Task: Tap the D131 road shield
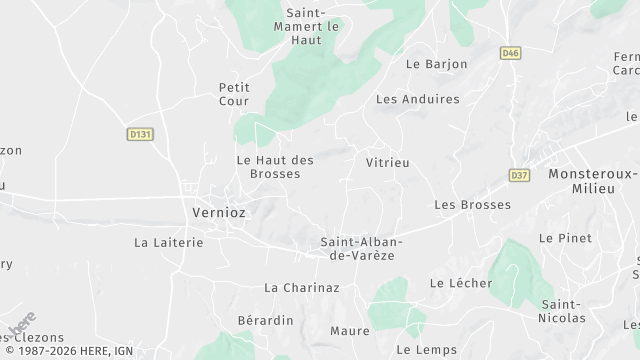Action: (139, 133)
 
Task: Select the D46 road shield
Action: (511, 53)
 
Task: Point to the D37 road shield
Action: (518, 174)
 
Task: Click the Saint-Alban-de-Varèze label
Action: (361, 248)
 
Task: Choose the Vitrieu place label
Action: (388, 162)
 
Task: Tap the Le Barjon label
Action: (436, 64)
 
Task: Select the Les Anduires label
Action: (417, 99)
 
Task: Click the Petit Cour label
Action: (234, 94)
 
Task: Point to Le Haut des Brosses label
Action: (275, 166)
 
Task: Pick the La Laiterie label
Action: (168, 242)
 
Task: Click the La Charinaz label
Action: (302, 287)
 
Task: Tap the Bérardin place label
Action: (265, 320)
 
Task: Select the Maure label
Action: (349, 330)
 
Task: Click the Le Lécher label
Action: (460, 283)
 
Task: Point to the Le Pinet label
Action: (565, 238)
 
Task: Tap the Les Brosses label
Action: (472, 205)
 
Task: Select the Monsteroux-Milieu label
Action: (593, 180)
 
